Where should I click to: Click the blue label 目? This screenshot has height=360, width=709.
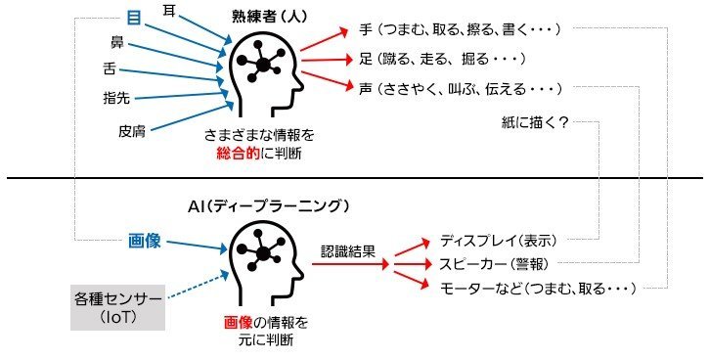click(134, 18)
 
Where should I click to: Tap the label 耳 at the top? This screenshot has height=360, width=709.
click(169, 10)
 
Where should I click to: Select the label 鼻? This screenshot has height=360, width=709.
click(117, 42)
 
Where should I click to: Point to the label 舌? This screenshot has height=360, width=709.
click(110, 68)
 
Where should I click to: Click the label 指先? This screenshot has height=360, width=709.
click(116, 98)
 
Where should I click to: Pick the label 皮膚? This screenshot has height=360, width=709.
click(132, 131)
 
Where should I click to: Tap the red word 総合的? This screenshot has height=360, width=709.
click(238, 154)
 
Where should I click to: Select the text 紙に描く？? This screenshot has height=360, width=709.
click(535, 122)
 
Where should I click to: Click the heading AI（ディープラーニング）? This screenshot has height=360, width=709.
click(269, 206)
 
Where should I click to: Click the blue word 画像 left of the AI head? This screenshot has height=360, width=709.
click(144, 241)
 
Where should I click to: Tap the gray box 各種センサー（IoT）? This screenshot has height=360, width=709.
click(117, 307)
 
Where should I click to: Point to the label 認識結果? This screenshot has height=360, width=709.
click(348, 251)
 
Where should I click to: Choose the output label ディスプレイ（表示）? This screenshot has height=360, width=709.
click(499, 241)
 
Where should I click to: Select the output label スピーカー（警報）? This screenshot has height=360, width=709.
click(494, 264)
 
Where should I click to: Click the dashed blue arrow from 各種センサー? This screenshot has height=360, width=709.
click(197, 285)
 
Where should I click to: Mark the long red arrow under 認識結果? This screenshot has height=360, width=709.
click(350, 264)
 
